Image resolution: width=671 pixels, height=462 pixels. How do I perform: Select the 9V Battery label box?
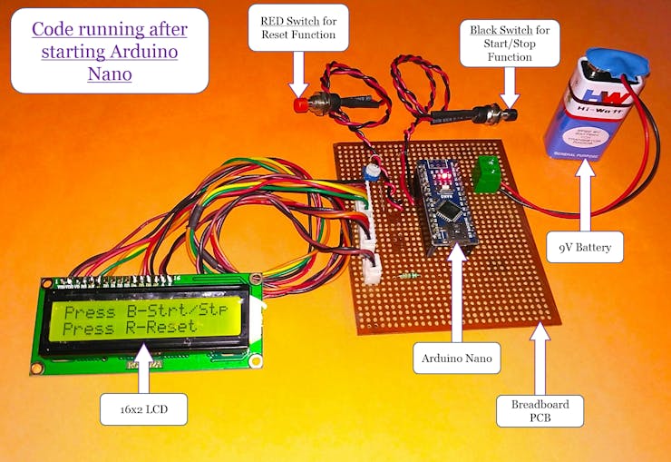click(584, 247)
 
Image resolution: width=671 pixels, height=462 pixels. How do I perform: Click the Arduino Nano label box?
click(457, 359)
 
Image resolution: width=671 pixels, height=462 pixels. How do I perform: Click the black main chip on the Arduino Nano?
click(449, 212)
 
